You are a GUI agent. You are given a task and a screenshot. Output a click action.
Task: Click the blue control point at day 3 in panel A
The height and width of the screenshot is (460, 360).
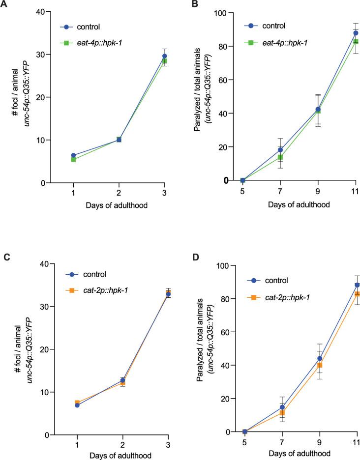[x=165, y=56]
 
